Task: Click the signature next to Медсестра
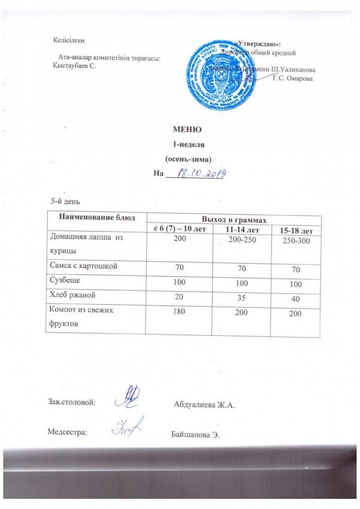127,426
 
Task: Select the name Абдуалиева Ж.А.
203,405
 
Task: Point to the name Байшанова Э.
196,433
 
